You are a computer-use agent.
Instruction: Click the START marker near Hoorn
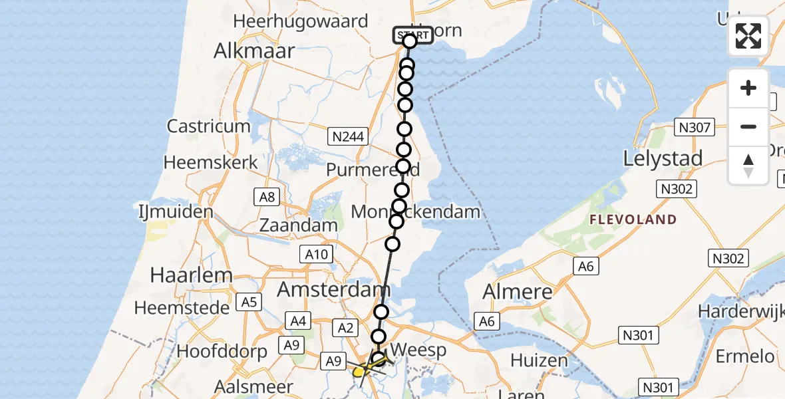click(412, 35)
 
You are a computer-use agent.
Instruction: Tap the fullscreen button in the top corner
click(748, 36)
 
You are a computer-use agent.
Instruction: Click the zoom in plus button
click(748, 88)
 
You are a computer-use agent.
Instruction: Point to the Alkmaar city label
click(254, 51)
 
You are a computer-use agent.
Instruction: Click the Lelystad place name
click(663, 158)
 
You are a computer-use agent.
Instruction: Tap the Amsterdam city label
click(333, 290)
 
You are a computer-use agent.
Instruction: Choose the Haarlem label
click(182, 275)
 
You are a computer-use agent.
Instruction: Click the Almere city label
click(517, 291)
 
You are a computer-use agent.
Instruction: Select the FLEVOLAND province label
click(633, 219)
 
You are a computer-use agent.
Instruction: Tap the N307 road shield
click(695, 127)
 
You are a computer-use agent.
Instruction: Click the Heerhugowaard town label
click(301, 21)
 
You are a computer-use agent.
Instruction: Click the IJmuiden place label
click(175, 213)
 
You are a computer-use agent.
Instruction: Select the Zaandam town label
click(298, 225)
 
